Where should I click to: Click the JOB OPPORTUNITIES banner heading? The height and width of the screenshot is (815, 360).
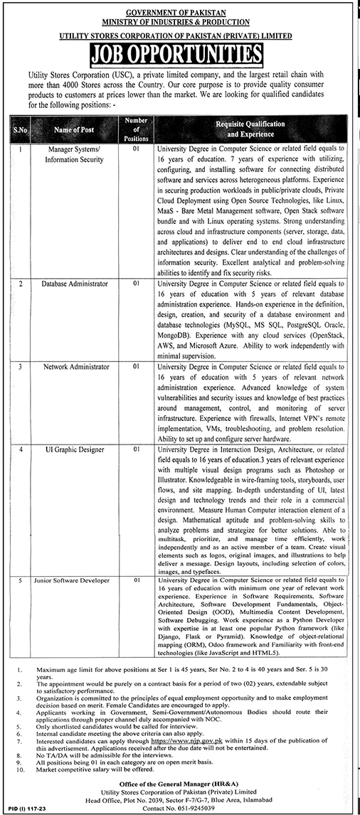(179, 54)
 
